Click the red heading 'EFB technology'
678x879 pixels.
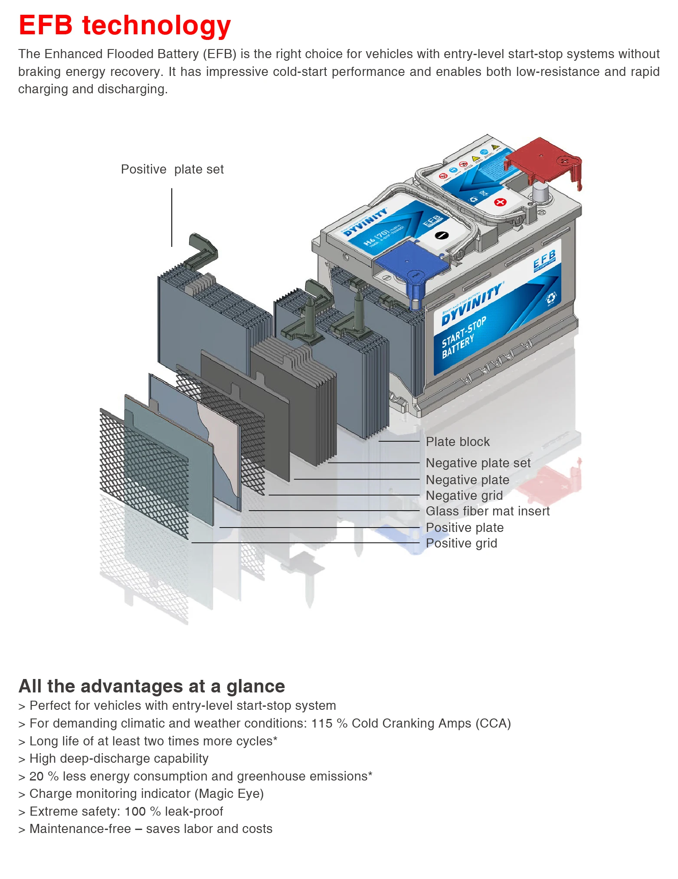125,25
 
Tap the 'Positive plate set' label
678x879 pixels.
172,169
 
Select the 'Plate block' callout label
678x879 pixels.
458,442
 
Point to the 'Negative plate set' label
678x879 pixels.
478,463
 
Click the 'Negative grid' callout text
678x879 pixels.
464,495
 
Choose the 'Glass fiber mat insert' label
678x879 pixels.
488,511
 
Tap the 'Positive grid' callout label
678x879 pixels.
462,543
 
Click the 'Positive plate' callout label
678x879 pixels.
465,528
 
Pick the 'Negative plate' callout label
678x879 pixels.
467,480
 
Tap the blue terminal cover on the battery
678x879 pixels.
410,262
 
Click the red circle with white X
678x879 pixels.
500,202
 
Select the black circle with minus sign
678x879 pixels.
442,235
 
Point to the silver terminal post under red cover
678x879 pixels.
540,191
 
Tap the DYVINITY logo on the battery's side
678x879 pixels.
472,304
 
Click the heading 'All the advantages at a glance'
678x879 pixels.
152,686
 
